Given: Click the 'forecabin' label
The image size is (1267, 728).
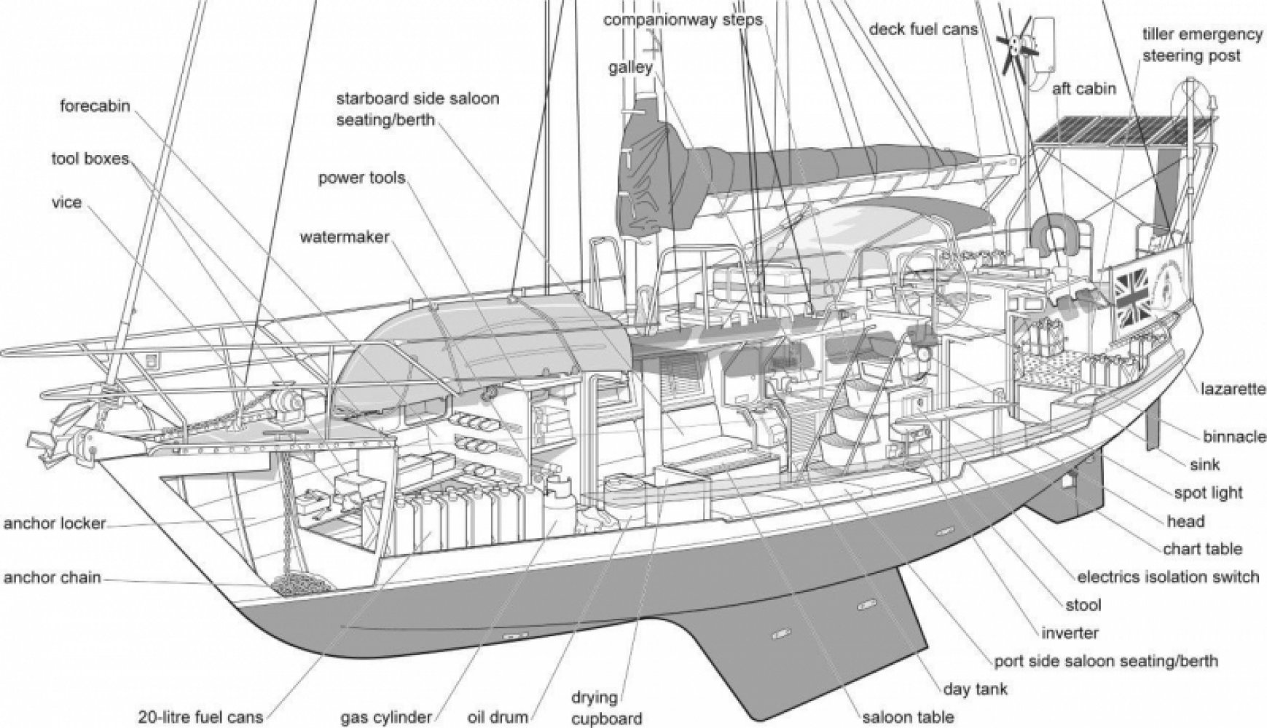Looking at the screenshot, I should coord(95,106).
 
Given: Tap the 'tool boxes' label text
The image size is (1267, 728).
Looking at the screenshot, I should coord(90,159).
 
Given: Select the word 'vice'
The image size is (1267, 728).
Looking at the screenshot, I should coord(67,202).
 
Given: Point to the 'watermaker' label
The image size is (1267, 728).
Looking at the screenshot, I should coord(344,237).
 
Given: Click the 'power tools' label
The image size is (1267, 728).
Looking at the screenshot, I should coord(361,178).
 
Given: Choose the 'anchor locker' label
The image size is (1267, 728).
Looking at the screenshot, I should coord(55,523).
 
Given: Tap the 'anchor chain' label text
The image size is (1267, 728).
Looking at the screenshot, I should coord(52,579).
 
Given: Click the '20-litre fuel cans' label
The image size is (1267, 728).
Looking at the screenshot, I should coord(201,716).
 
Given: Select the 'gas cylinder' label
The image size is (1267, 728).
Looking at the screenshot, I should coord(387,716).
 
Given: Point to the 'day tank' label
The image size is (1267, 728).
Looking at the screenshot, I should coord(976,688).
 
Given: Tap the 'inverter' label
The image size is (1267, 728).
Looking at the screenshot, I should coord(1070,633).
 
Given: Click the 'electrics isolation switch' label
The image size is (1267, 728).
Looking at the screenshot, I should coord(1168,577).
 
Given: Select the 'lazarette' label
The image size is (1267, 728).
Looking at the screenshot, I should coord(1233,389).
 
